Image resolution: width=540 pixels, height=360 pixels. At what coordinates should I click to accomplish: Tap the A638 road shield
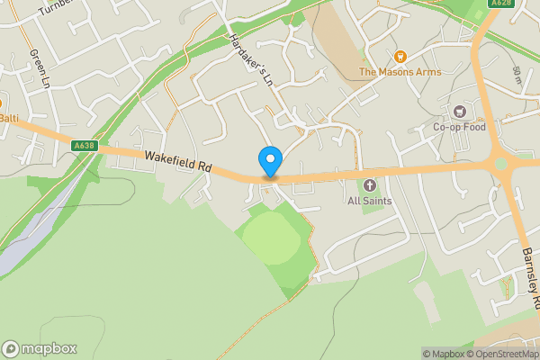pyautogui.click(x=84, y=145)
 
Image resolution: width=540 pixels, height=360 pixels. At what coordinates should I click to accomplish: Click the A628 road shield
pyautogui.click(x=501, y=4)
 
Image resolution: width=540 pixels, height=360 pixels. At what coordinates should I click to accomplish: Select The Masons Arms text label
pyautogui.click(x=400, y=72)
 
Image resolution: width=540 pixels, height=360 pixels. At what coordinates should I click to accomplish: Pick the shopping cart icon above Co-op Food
pyautogui.click(x=460, y=112)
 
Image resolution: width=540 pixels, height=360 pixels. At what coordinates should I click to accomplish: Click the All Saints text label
pyautogui.click(x=370, y=200)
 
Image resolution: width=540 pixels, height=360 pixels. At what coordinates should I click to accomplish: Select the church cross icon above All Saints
pyautogui.click(x=370, y=184)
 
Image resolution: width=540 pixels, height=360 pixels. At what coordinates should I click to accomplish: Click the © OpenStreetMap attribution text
pyautogui.click(x=501, y=354)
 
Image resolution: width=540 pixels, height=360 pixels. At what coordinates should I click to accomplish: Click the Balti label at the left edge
pyautogui.click(x=9, y=118)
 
